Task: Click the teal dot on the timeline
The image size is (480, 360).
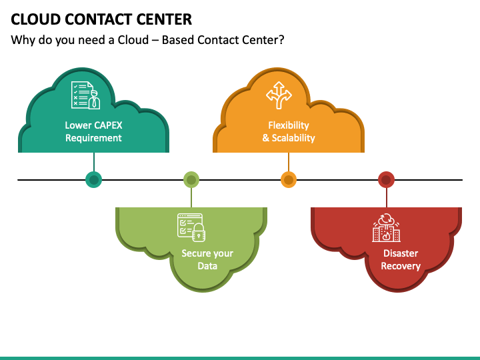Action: tap(94, 179)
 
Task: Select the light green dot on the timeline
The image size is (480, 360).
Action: tap(191, 179)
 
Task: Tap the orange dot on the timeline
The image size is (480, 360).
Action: tap(289, 179)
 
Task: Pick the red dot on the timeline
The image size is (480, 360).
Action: tap(386, 179)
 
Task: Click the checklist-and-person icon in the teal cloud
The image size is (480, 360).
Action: tap(86, 95)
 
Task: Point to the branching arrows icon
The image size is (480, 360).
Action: tap(279, 95)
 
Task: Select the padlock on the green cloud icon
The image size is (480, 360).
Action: tap(199, 233)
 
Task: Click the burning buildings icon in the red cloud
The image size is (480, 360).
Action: tap(386, 227)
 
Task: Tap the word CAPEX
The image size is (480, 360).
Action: tap(108, 125)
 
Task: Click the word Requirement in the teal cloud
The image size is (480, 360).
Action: tap(94, 138)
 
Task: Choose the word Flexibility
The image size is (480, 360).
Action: tap(289, 125)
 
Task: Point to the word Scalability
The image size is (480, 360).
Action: tap(293, 138)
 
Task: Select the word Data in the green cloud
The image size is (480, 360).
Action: tap(207, 266)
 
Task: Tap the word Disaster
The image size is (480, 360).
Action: tap(401, 253)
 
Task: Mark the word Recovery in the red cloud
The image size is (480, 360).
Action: tap(401, 266)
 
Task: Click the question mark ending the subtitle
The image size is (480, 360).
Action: tap(281, 40)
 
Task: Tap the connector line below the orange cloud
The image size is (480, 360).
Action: tap(289, 162)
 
